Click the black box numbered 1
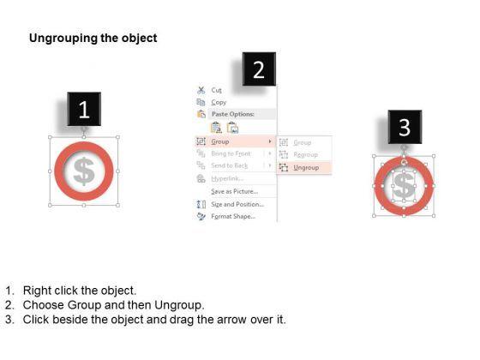[x=83, y=110]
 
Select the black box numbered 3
[x=405, y=129]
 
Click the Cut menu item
[x=217, y=89]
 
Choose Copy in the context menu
[x=219, y=101]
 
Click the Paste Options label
[x=231, y=113]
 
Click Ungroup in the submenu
[x=306, y=167]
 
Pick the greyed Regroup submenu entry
[x=306, y=154]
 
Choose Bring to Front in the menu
[x=231, y=153]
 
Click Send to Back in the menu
[x=230, y=165]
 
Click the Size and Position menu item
[x=237, y=204]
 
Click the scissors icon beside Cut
[x=201, y=89]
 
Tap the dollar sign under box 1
[x=84, y=172]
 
